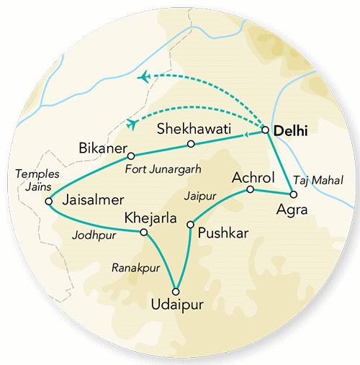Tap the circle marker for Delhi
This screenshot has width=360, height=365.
pos(266,130)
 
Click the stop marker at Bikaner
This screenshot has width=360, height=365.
pos(130,156)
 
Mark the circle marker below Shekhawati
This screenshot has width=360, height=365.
pos(191,144)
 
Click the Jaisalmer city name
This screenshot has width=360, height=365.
pos(92,199)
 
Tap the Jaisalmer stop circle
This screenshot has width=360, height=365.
pos(49,202)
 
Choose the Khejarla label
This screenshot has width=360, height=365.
pos(150,217)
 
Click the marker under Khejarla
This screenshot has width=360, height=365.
pos(143,232)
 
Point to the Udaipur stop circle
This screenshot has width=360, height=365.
pos(176,291)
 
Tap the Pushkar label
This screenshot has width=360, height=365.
pos(220,234)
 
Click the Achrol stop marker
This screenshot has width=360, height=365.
pos(250,189)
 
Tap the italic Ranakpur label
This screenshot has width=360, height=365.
pos(135,268)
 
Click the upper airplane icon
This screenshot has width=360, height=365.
pos(145,76)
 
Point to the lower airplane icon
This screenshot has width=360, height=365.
pos(132,124)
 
